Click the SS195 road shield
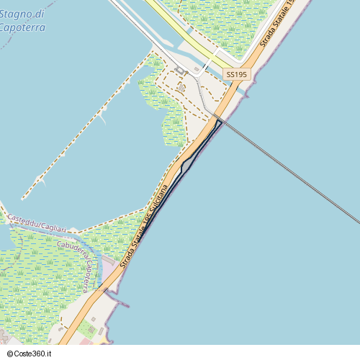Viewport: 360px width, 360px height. [x=236, y=74]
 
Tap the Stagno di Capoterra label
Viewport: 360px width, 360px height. [x=22, y=20]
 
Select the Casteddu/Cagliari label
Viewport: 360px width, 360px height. [x=37, y=223]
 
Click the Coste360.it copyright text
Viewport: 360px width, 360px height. [x=30, y=354]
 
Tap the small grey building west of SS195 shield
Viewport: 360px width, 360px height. [x=181, y=87]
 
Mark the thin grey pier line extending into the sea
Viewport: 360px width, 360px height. [x=288, y=170]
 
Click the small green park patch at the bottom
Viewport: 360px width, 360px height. [x=87, y=330]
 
